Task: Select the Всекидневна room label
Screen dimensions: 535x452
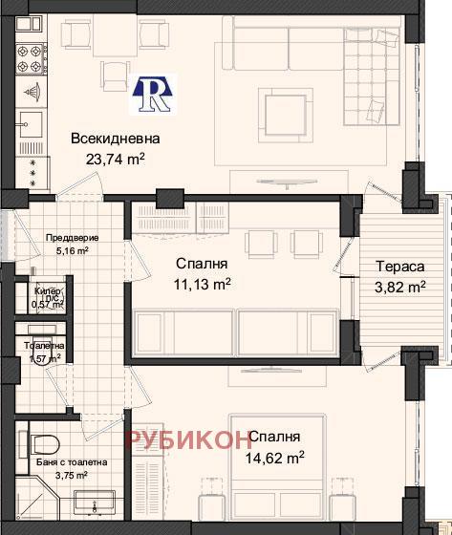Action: coord(115,139)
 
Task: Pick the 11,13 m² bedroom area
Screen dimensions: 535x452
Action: coord(202,283)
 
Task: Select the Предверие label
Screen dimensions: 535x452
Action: coord(72,238)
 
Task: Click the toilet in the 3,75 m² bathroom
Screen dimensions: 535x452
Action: coord(44,441)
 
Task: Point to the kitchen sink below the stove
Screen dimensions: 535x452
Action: coord(30,126)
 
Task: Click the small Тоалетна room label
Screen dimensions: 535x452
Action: coord(44,346)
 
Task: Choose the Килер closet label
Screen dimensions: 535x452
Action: coord(48,290)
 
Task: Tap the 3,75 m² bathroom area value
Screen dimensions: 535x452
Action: coord(74,475)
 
